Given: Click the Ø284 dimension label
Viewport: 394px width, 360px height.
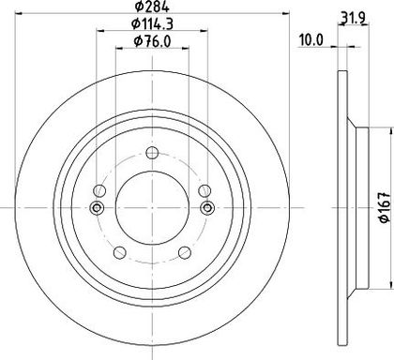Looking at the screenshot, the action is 152,7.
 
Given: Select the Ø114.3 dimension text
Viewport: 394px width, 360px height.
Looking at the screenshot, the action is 152,23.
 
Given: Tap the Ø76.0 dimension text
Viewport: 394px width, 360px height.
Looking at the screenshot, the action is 152,41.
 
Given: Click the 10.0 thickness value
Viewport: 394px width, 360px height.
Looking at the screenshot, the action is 311,40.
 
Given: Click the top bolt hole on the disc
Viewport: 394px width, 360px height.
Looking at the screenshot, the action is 152,153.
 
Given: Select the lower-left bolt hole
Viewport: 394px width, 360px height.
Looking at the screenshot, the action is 119,253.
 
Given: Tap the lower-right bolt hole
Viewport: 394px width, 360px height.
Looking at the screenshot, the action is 185,253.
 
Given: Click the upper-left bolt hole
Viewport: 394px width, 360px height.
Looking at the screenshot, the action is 99,190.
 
